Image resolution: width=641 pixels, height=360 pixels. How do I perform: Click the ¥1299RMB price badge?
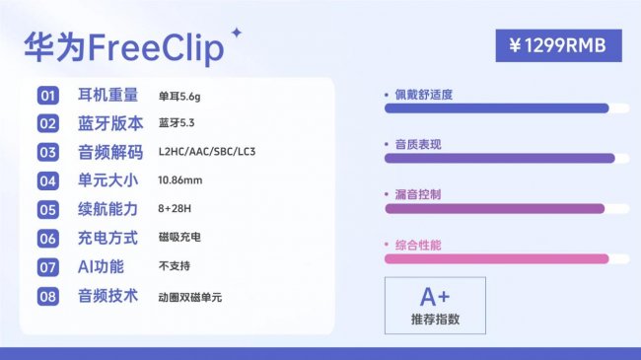pyautogui.click(x=558, y=45)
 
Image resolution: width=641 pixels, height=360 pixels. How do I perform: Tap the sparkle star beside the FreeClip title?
pyautogui.click(x=236, y=36)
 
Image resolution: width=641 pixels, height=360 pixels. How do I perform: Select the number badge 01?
pyautogui.click(x=48, y=96)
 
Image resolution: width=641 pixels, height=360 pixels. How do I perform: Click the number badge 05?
pyautogui.click(x=48, y=209)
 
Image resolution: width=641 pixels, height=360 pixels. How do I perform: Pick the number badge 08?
pyautogui.click(x=48, y=295)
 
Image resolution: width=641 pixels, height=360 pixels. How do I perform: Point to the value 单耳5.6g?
pyautogui.click(x=178, y=97)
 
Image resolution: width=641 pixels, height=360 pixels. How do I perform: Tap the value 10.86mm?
pyautogui.click(x=179, y=181)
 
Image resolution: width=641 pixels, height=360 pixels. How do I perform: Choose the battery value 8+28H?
pyautogui.click(x=176, y=209)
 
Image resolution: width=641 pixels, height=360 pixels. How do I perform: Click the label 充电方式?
pyautogui.click(x=109, y=238)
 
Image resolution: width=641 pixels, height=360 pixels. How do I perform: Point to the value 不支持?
pyautogui.click(x=174, y=266)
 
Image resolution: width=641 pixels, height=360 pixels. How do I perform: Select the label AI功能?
pyautogui.click(x=101, y=266)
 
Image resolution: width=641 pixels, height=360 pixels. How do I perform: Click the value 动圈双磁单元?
pyautogui.click(x=189, y=295)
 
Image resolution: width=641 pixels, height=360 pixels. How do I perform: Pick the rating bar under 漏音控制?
pyautogui.click(x=494, y=208)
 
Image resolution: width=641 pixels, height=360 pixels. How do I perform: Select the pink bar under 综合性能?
pyautogui.click(x=496, y=258)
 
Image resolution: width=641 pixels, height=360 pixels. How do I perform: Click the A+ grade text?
pyautogui.click(x=435, y=297)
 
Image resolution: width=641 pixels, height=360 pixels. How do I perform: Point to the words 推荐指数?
pyautogui.click(x=435, y=320)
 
